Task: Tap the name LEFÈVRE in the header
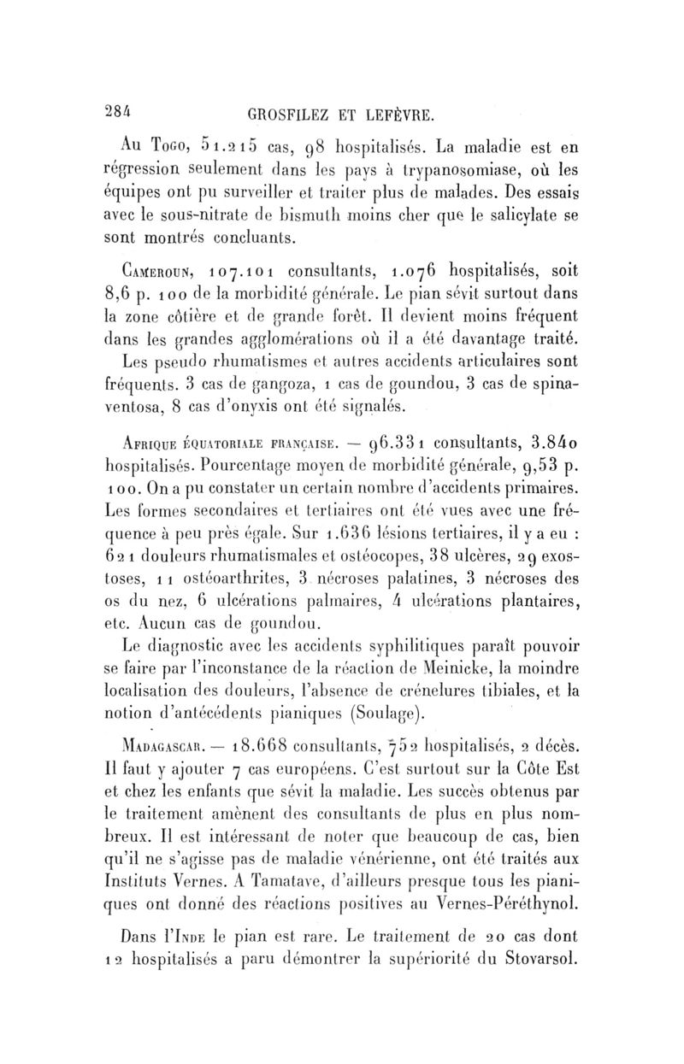pyautogui.click(x=399, y=91)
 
